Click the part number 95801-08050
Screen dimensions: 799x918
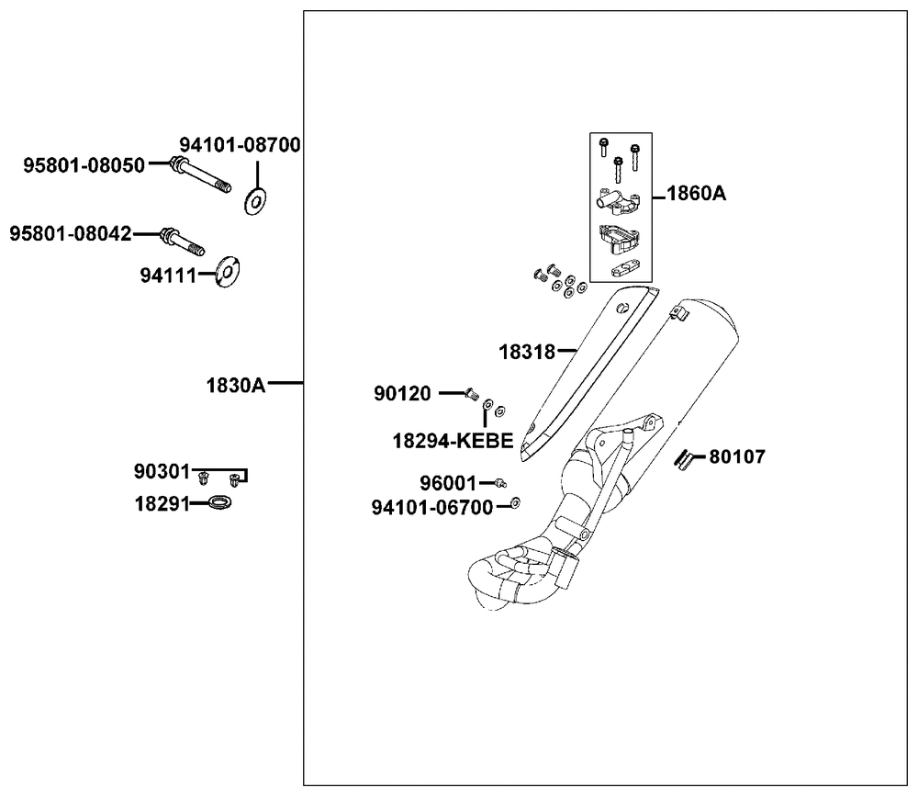pos(84,165)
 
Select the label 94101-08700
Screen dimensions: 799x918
pos(240,146)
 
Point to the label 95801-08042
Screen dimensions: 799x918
pos(71,234)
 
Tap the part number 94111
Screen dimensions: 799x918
pos(167,275)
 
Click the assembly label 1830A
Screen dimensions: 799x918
pos(235,385)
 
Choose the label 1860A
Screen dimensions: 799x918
pos(696,194)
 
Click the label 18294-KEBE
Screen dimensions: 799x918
pos(453,441)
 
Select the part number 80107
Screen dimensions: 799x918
pos(737,456)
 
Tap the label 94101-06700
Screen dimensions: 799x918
pos(432,507)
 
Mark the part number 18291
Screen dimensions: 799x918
pos(162,503)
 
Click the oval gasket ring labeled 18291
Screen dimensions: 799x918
pos(219,502)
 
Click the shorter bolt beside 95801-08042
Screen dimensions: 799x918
pos(184,241)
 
